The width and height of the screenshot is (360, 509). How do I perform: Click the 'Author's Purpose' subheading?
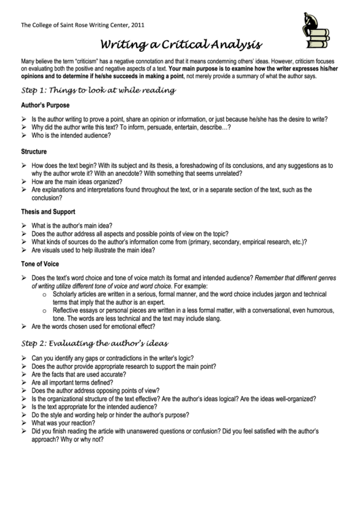click(x=45, y=105)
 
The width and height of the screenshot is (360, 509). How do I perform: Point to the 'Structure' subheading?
click(x=34, y=151)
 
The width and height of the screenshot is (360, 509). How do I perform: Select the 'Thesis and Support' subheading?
click(x=49, y=211)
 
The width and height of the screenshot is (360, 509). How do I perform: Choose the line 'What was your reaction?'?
click(x=62, y=422)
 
